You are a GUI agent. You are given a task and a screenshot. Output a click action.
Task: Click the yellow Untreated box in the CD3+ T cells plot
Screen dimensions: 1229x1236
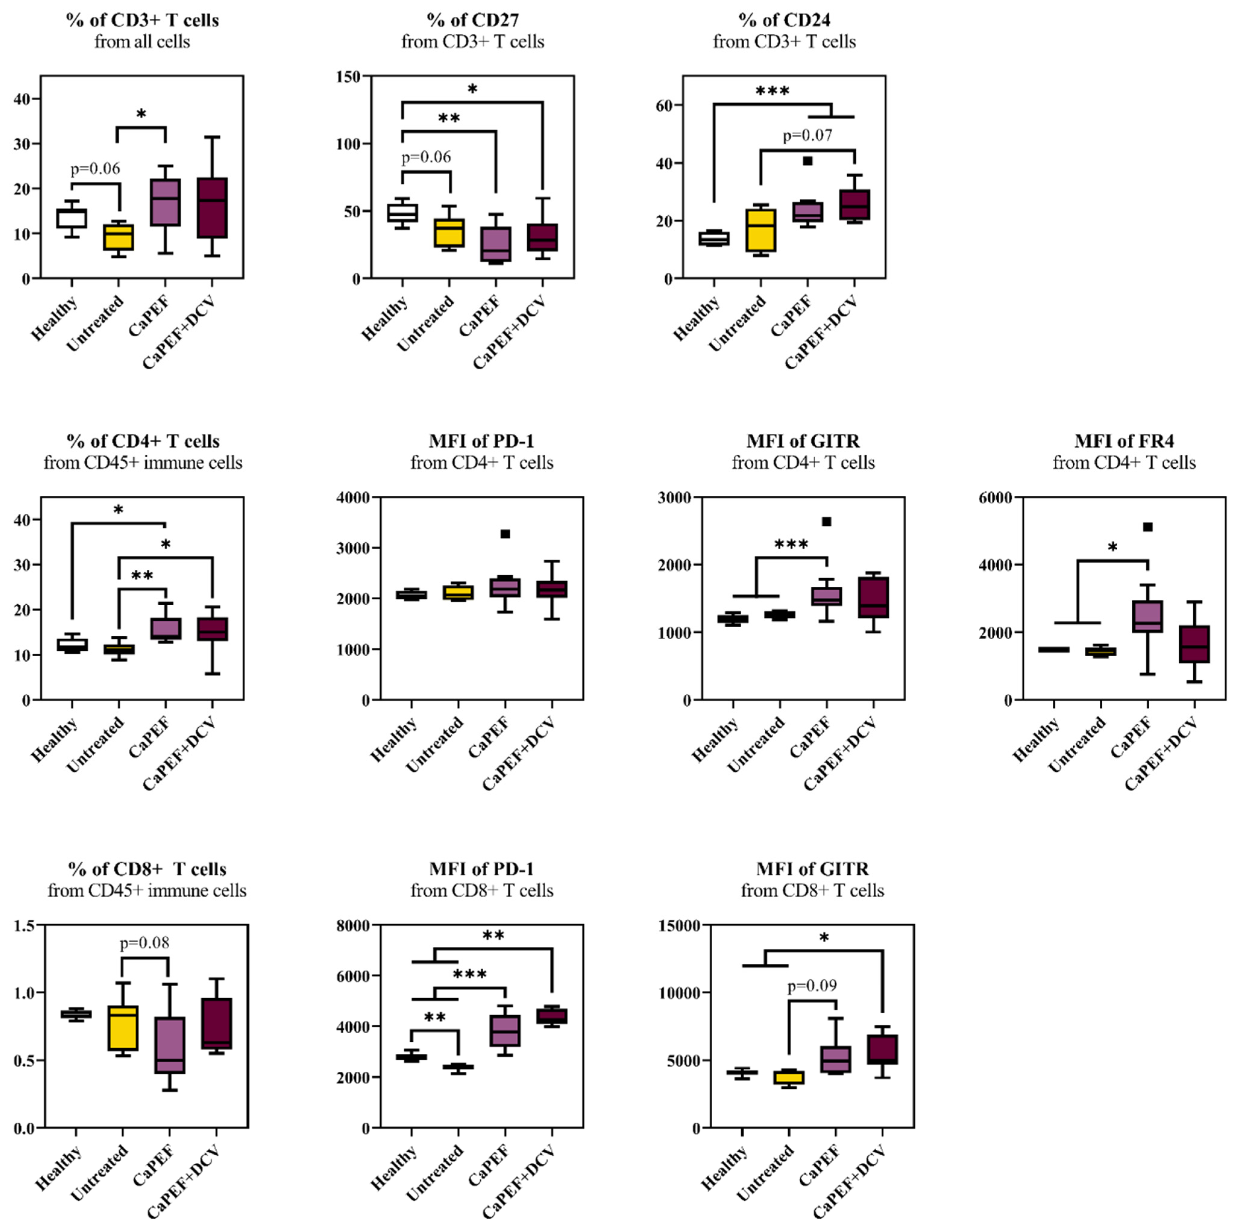click(118, 237)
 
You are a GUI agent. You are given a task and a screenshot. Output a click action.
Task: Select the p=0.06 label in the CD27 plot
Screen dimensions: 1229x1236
click(426, 157)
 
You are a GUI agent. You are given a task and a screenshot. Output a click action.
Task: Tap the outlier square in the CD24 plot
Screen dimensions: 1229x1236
click(808, 161)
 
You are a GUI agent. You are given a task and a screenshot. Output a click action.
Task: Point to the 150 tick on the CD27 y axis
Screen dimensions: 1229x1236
click(349, 76)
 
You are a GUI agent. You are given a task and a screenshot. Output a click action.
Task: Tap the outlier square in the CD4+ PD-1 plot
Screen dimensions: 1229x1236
click(505, 534)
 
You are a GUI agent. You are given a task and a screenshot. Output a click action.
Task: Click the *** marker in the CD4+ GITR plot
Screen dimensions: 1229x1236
click(791, 545)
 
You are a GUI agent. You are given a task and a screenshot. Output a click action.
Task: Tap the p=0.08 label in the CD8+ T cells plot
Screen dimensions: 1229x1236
click(145, 943)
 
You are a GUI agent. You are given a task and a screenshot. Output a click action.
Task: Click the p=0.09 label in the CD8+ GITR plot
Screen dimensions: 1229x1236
click(812, 986)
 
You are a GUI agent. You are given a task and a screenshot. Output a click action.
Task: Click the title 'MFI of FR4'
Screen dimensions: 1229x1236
click(1124, 441)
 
